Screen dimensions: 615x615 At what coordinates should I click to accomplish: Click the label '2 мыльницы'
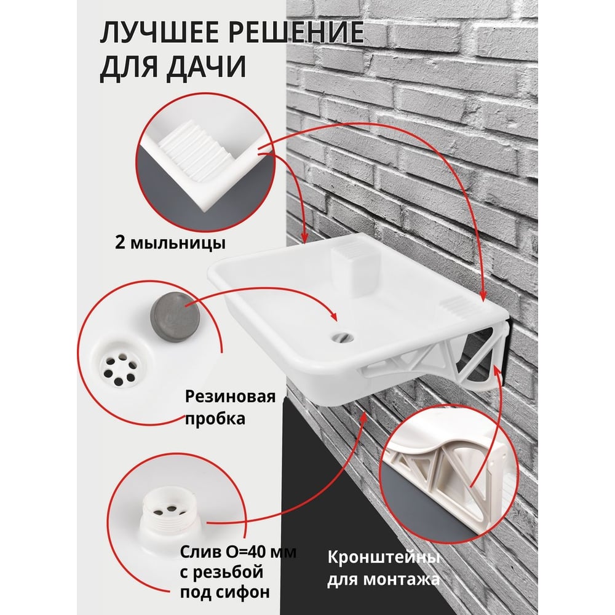point(170,243)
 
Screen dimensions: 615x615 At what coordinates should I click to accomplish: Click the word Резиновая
point(230,397)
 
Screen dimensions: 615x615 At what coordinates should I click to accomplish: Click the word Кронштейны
point(383,558)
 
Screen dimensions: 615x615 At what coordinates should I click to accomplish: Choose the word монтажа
point(401,579)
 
